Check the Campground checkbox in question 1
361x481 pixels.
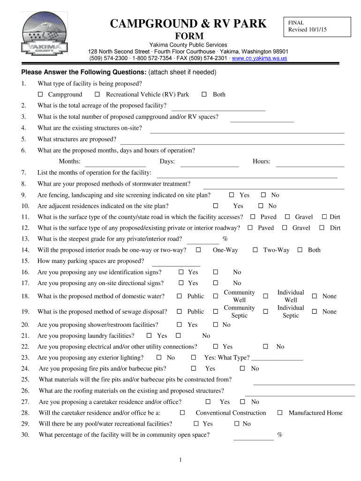tap(41, 95)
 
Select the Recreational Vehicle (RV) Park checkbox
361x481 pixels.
tap(97, 95)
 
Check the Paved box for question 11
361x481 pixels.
tap(253, 217)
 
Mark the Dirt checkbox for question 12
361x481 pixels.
tap(322, 228)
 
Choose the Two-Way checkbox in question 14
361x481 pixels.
tap(256, 250)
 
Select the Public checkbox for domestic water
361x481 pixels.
tap(179, 296)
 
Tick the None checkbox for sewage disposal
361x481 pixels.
tap(315, 312)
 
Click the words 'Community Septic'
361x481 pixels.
tap(239, 312)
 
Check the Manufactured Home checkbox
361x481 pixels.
tap(280, 413)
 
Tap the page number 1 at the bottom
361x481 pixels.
tap(180, 459)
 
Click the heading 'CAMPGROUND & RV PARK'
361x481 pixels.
tap(188, 23)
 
